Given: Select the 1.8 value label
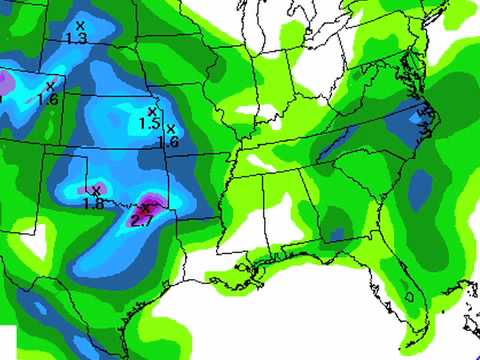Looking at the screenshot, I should click(93, 203).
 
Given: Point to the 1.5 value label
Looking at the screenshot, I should click(150, 124).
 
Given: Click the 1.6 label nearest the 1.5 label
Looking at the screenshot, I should click(168, 142).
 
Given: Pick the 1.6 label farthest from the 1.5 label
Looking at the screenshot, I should click(47, 99).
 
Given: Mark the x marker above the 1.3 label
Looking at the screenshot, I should click(80, 25).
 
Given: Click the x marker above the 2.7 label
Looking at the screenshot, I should click(145, 206).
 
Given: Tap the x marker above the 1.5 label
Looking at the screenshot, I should click(152, 111).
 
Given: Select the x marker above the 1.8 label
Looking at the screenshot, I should click(96, 190).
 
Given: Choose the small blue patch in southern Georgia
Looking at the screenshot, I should click(337, 233).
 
